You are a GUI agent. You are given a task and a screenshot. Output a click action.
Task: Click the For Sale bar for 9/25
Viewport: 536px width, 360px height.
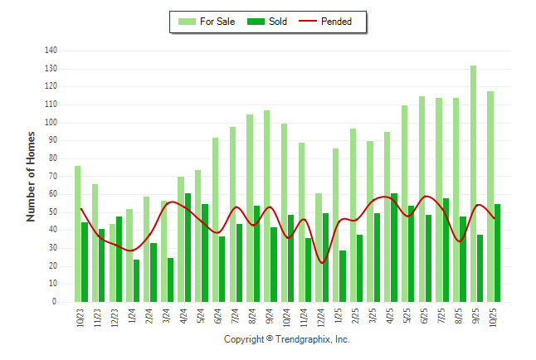[474, 183]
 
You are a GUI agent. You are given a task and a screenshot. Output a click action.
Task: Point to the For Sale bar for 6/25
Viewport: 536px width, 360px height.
[421, 199]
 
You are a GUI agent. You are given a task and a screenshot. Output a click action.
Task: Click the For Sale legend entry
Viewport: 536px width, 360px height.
[207, 22]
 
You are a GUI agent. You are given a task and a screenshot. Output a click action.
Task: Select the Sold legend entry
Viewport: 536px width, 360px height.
[268, 22]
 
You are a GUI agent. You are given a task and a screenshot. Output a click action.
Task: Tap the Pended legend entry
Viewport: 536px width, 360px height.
[332, 22]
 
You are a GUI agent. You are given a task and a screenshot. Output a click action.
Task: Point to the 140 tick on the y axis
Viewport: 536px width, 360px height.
[51, 51]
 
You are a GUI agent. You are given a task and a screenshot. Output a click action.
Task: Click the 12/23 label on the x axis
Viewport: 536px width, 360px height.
[115, 318]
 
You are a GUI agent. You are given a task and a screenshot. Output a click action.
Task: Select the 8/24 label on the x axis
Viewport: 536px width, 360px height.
[253, 316]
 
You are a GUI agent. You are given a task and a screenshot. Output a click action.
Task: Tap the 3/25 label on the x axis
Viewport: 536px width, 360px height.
[373, 316]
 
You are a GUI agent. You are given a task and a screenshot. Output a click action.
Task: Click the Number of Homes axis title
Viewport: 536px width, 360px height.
[31, 176]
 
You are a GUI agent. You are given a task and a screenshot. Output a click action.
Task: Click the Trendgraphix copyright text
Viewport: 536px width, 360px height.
[287, 340]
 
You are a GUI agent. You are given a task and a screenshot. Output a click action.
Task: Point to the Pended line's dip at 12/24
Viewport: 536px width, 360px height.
[323, 263]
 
